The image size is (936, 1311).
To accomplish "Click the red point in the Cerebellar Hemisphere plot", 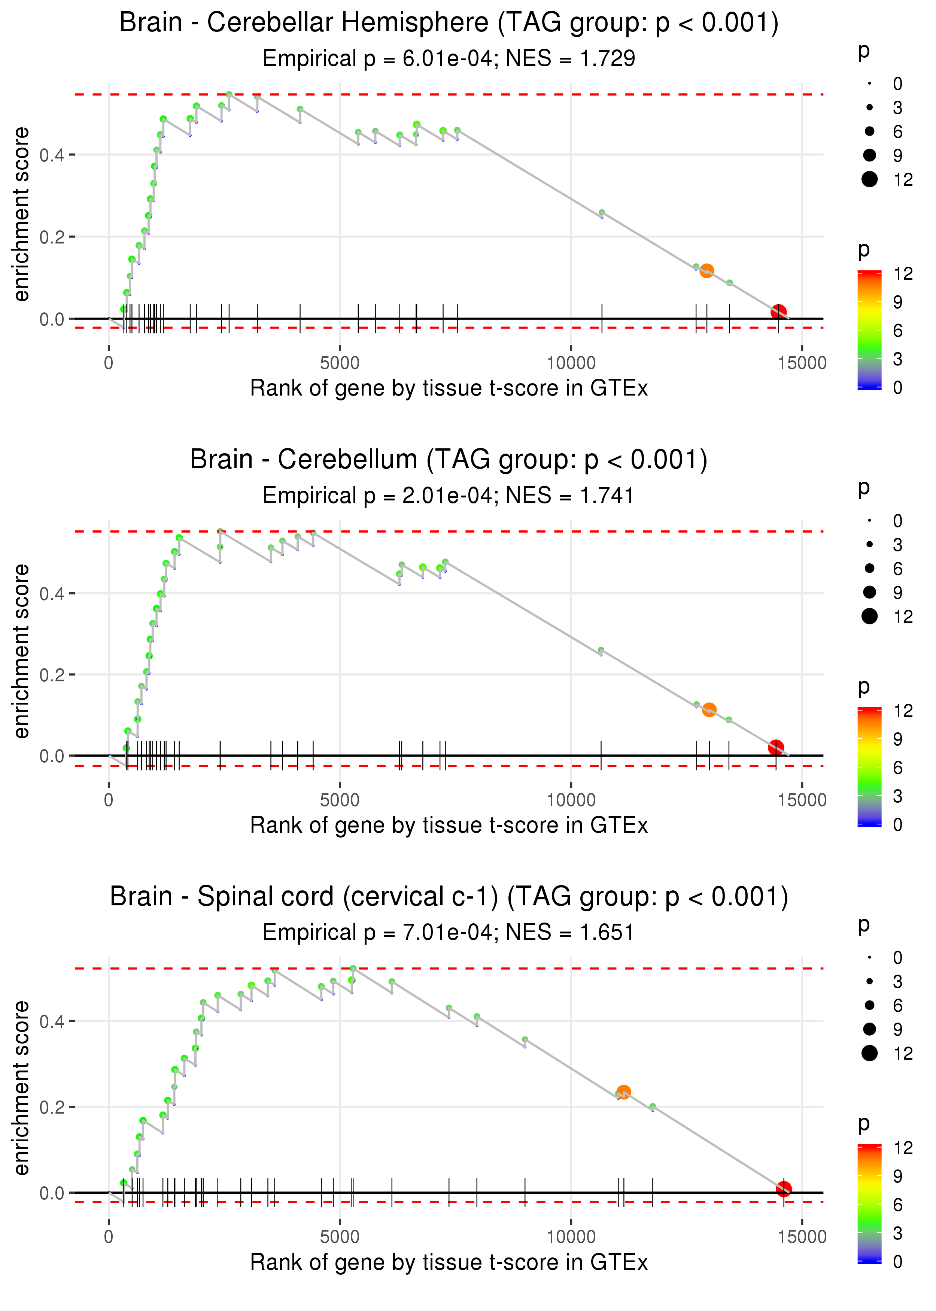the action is (x=779, y=312).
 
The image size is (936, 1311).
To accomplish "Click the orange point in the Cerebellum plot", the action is (x=709, y=710).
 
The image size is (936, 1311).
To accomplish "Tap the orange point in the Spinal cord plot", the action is (x=624, y=1092).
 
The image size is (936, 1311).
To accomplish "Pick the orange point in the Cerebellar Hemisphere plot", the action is (x=706, y=271).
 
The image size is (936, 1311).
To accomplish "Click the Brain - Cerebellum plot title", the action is (x=449, y=460).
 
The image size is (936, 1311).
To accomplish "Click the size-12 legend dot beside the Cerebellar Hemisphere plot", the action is (x=870, y=179).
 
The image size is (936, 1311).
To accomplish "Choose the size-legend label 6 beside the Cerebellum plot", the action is (x=898, y=569).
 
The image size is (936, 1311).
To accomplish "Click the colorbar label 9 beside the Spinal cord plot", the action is (x=898, y=1176).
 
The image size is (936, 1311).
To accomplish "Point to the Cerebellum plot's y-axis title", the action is (x=21, y=651).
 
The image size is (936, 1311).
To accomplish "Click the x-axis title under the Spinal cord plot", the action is (x=449, y=1263).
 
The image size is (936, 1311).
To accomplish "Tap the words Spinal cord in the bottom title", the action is (x=266, y=897).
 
